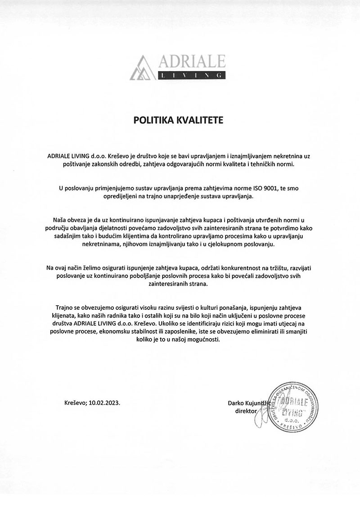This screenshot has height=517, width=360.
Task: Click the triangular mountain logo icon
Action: click(x=143, y=68)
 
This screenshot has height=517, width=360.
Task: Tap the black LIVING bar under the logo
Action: click(x=191, y=76)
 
